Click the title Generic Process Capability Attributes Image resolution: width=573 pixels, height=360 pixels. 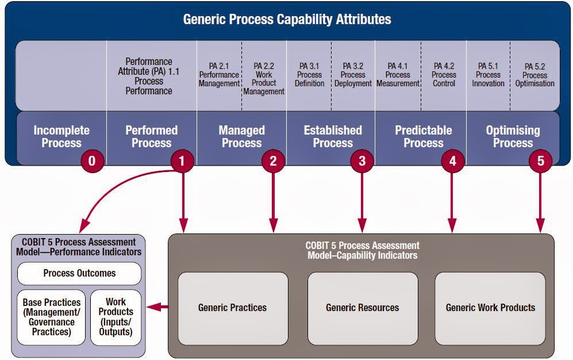point(287,19)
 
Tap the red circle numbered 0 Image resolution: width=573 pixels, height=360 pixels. point(92,161)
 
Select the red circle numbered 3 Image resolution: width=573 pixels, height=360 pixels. point(362,161)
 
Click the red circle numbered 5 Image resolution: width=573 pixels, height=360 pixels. point(540,161)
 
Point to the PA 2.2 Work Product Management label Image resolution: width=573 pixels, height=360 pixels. point(264,79)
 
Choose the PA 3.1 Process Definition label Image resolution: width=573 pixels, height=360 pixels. point(309,75)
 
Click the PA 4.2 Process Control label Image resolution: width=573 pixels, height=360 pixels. point(444,75)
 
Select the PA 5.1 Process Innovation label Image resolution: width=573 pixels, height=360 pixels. point(488,75)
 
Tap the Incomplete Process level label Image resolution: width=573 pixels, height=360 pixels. point(61,137)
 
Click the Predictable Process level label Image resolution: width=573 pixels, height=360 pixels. point(423,137)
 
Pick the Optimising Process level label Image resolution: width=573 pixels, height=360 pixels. point(513,137)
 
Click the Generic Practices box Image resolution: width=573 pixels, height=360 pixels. point(232,308)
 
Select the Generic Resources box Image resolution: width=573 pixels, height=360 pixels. point(362,308)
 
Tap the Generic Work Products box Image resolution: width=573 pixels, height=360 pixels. point(490,308)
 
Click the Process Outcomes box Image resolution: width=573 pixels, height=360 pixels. point(79,273)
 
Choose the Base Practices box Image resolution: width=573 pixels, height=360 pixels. point(52,317)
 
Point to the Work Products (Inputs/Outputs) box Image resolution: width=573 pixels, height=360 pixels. point(116,317)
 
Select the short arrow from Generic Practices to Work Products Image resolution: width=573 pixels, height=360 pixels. point(157,308)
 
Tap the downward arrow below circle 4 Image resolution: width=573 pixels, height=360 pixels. point(452,201)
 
